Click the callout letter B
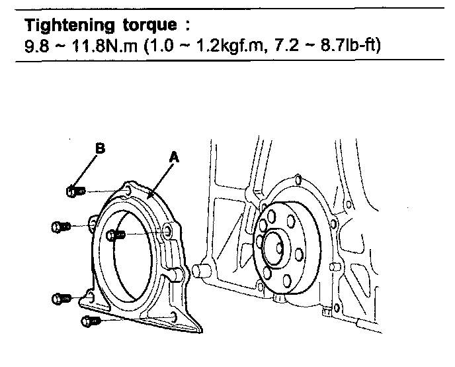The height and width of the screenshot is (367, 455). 101,149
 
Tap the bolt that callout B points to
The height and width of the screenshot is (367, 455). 74,191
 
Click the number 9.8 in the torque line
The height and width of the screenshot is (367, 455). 34,47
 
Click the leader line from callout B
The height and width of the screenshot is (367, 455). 87,170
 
